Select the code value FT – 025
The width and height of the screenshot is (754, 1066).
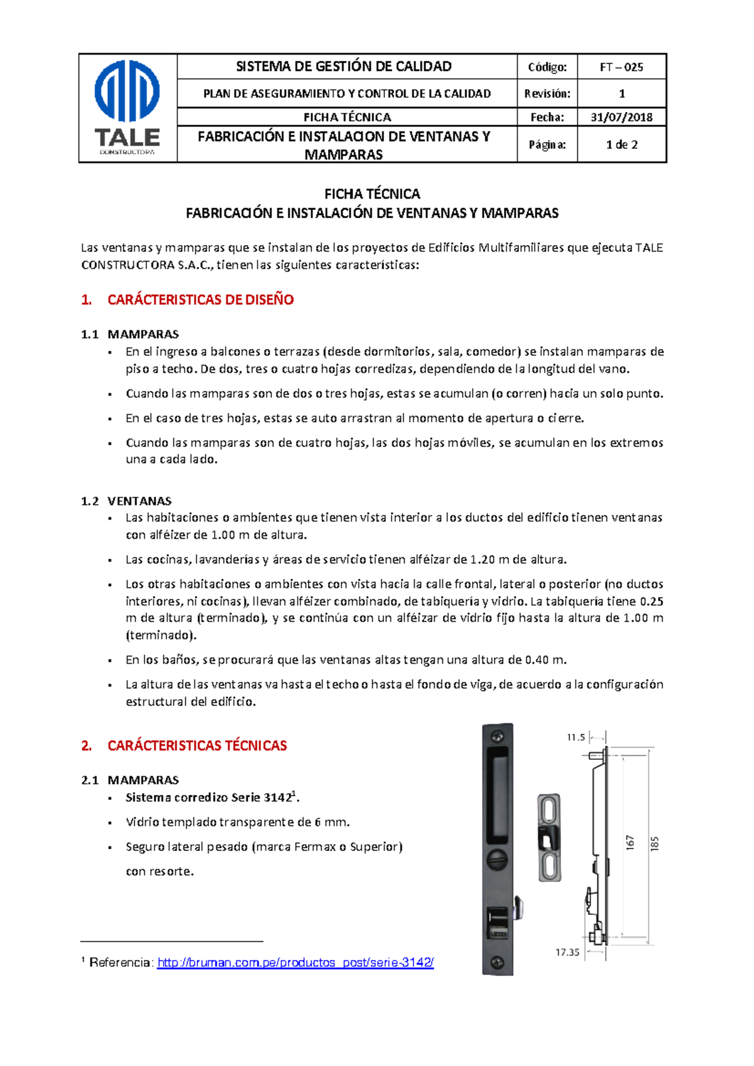[621, 67]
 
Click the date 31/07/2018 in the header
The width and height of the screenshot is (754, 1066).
[621, 117]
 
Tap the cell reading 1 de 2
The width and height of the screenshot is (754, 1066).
[621, 145]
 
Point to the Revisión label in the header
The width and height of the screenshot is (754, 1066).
[547, 94]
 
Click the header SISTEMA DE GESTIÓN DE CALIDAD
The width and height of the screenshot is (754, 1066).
[343, 67]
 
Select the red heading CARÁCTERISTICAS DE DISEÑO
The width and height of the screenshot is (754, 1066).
[200, 300]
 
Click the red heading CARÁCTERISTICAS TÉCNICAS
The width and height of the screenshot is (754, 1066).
[197, 745]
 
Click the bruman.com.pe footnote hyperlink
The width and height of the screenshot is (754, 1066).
[295, 963]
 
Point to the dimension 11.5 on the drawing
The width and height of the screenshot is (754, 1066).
[576, 737]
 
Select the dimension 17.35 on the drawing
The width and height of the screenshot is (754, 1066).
[567, 952]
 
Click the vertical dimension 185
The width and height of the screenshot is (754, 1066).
[655, 843]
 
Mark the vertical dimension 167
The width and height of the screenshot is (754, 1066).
[630, 843]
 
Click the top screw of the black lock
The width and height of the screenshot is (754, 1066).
[498, 736]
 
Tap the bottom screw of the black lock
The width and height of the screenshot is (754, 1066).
[497, 962]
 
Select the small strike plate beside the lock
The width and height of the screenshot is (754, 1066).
[549, 837]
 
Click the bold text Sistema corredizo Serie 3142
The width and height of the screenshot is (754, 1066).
[208, 798]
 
